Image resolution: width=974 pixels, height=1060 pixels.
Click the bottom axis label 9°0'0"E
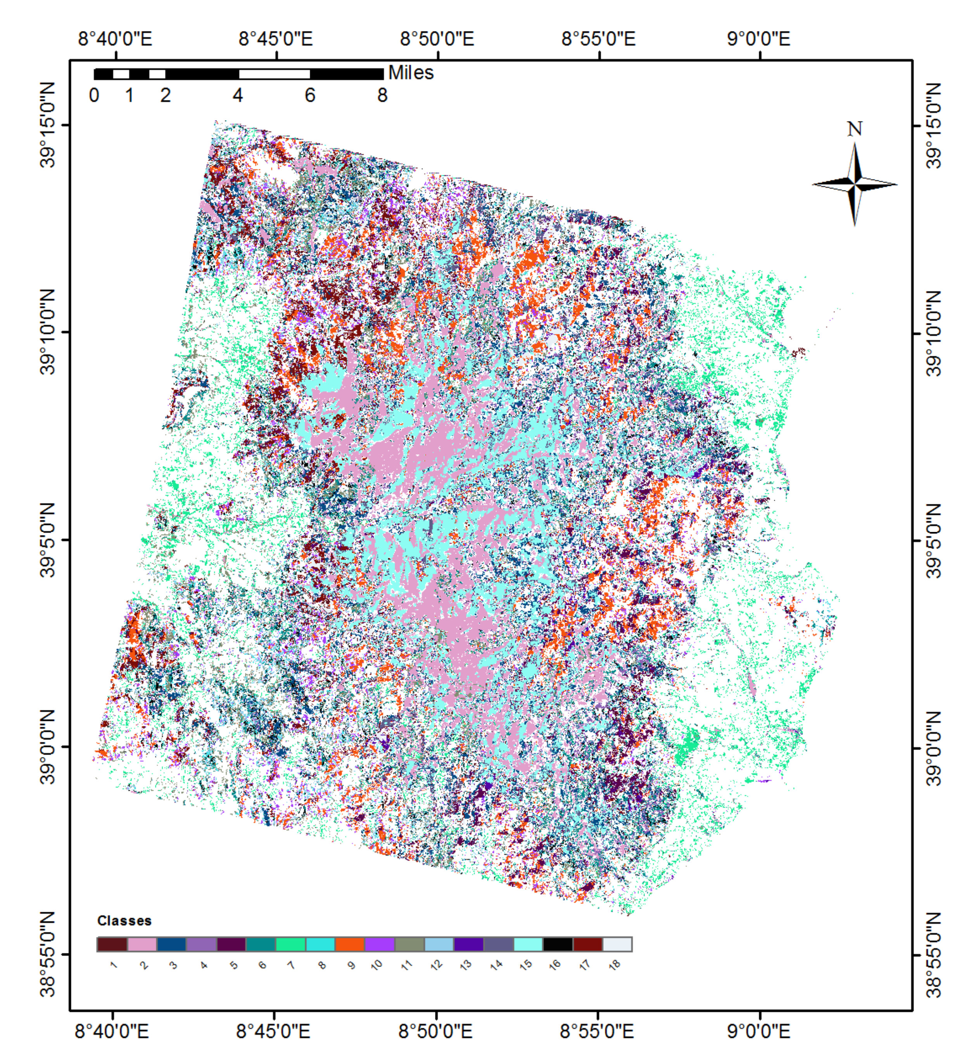click(758, 1031)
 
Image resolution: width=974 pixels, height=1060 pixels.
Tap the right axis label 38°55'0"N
click(933, 954)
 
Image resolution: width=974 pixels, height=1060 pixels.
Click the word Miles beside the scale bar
click(411, 73)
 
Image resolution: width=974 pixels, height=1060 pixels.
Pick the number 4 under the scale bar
click(238, 95)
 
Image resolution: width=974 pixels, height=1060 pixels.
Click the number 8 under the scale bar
click(382, 95)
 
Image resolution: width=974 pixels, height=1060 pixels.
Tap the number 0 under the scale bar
click(94, 95)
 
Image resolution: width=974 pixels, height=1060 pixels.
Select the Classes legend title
click(124, 921)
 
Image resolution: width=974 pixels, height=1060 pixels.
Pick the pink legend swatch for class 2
click(142, 944)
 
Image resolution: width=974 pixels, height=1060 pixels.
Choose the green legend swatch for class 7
click(290, 944)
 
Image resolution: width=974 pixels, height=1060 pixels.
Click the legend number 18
click(615, 965)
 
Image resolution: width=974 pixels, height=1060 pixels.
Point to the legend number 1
click(113, 965)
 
